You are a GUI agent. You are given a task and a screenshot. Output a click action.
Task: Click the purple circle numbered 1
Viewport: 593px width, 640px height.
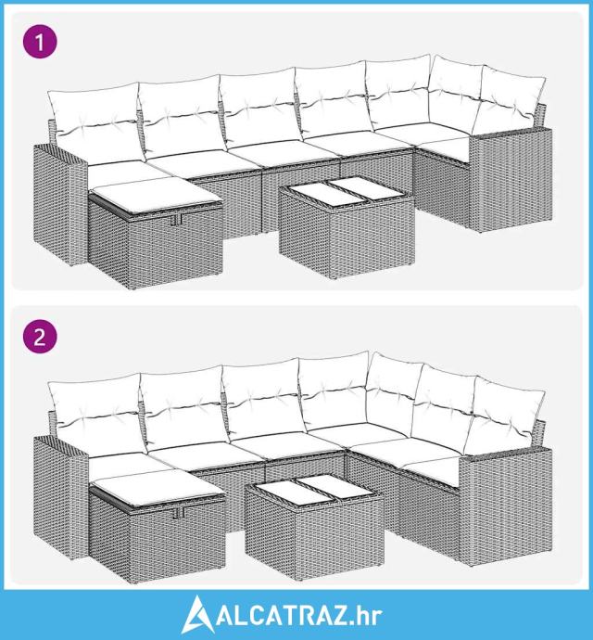click(40, 41)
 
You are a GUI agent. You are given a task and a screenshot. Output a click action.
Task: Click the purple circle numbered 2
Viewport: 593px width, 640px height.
click(40, 337)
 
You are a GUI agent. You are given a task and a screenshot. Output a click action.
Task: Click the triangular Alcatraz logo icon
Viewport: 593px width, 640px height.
click(197, 614)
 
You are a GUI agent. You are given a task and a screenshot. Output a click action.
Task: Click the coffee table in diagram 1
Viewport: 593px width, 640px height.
click(347, 227)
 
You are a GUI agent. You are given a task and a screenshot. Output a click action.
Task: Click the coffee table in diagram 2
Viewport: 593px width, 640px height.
click(314, 527)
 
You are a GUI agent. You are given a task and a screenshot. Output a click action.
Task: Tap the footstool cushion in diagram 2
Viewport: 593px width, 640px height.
click(157, 487)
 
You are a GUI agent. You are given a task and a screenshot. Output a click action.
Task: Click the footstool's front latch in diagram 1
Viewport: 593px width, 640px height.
click(177, 220)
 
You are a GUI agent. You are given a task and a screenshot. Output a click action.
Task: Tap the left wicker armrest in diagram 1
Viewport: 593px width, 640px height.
click(59, 204)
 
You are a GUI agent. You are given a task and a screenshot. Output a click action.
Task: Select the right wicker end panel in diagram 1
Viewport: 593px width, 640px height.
click(511, 180)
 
